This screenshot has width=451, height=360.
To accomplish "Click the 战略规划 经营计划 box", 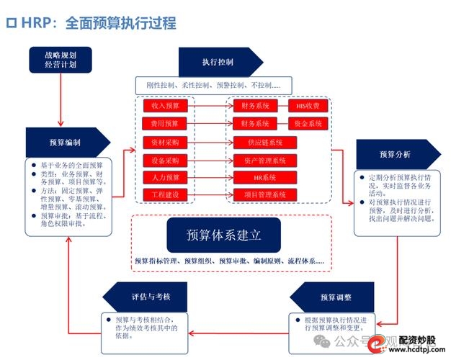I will coord(60,60).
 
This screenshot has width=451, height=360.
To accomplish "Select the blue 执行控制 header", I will coord(217,62).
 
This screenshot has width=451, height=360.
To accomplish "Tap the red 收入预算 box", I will coord(165,106).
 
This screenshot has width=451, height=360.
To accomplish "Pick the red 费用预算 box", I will coord(165,124).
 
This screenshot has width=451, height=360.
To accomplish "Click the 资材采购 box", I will coord(165,142).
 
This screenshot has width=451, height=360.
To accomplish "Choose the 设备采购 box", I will coord(165,160).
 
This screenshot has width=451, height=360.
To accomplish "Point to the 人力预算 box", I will coord(165,177).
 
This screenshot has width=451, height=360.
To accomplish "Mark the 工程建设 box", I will coord(165,195).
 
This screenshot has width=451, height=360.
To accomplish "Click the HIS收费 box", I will coord(308,106).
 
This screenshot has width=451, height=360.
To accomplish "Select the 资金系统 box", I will coord(308,124).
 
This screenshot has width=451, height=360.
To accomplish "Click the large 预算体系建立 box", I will coord(224,235).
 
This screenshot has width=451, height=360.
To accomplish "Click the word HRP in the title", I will coord(37,23).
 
